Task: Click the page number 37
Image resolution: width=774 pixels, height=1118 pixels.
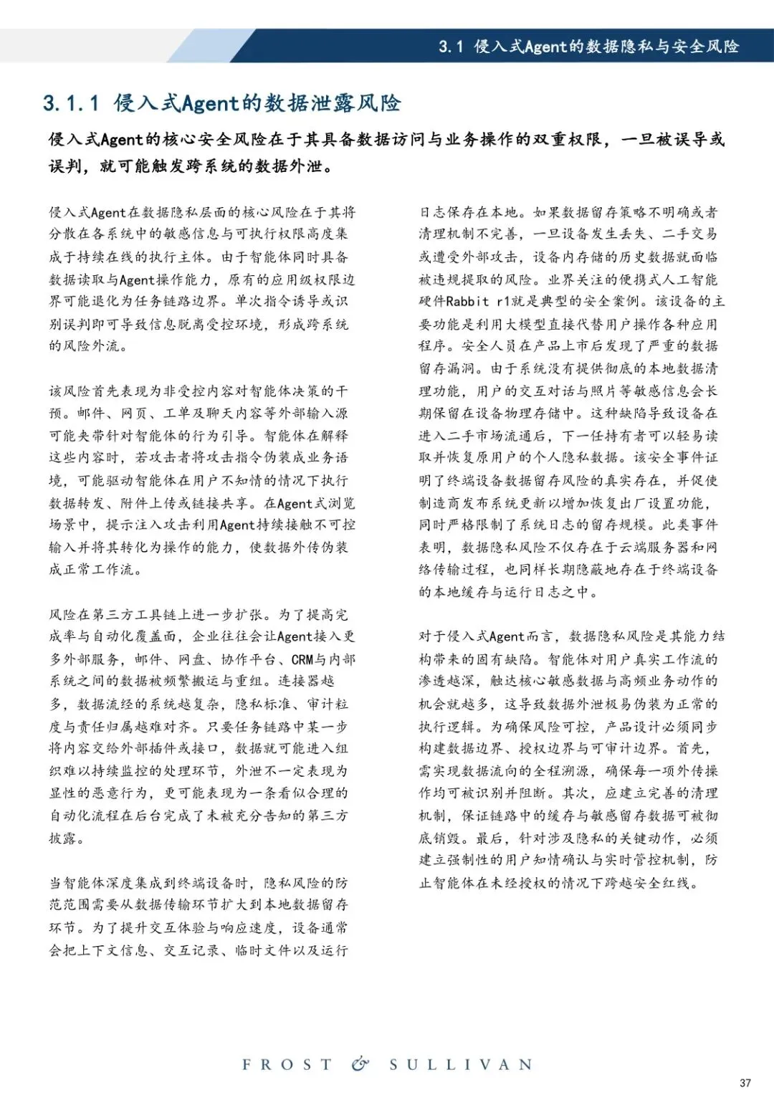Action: coord(745,1083)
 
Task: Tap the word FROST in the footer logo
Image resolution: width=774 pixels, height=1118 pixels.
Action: coord(287,1065)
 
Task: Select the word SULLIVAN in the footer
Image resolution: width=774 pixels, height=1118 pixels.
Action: coord(461,1065)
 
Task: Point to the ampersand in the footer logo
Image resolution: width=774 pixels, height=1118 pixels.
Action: coord(360,1064)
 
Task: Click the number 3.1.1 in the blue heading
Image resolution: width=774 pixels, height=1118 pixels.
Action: coord(71,104)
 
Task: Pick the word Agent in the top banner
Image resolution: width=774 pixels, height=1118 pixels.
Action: coord(546,47)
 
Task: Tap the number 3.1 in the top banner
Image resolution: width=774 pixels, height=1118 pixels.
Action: coord(451,47)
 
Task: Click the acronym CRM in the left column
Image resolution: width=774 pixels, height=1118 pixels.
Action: coord(302,659)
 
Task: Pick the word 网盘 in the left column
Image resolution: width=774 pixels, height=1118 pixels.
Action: coord(192,659)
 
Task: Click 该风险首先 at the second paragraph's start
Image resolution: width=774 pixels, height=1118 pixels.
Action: coord(85,391)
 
